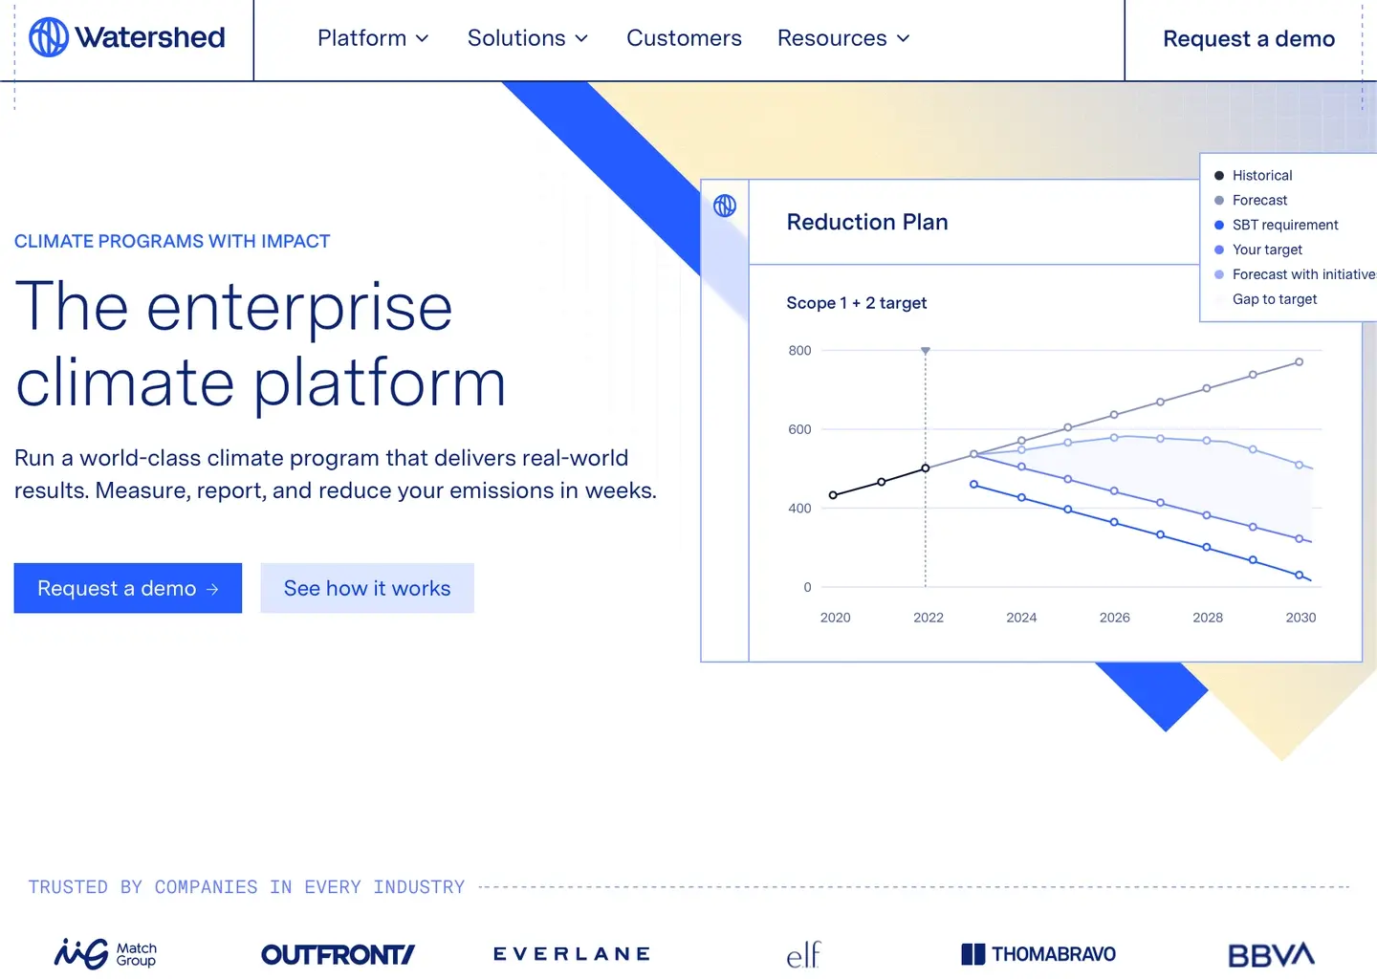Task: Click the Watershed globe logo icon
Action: [49, 37]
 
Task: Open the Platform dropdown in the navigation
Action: [373, 38]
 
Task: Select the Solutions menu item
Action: [527, 38]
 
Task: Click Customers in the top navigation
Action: [684, 38]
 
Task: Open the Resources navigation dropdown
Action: [842, 38]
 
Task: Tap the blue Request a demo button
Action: [127, 588]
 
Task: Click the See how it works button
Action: [367, 588]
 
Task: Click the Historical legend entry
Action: [1261, 176]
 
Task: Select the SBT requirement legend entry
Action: [1284, 226]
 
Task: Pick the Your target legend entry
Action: [1266, 250]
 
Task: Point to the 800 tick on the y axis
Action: [799, 351]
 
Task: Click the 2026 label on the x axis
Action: [1114, 618]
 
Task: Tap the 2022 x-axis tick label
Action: [928, 618]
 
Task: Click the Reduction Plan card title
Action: [867, 222]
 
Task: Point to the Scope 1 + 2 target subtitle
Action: [856, 303]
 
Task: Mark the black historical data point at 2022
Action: [926, 468]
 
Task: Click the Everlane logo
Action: [572, 954]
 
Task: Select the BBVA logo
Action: [1271, 954]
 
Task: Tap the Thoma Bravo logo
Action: [1038, 954]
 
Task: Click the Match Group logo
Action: [105, 954]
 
